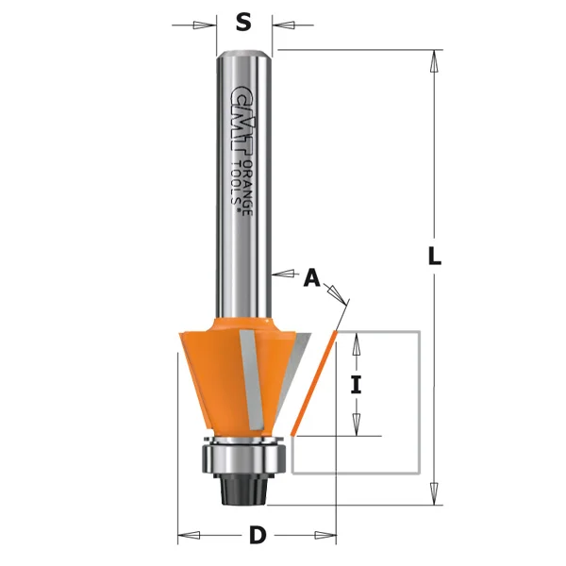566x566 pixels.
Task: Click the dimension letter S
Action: tap(243, 21)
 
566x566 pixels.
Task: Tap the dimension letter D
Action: tap(257, 537)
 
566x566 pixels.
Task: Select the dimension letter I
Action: tap(356, 384)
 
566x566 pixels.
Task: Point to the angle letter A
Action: tap(311, 277)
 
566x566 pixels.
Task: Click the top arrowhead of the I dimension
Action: tap(356, 342)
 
